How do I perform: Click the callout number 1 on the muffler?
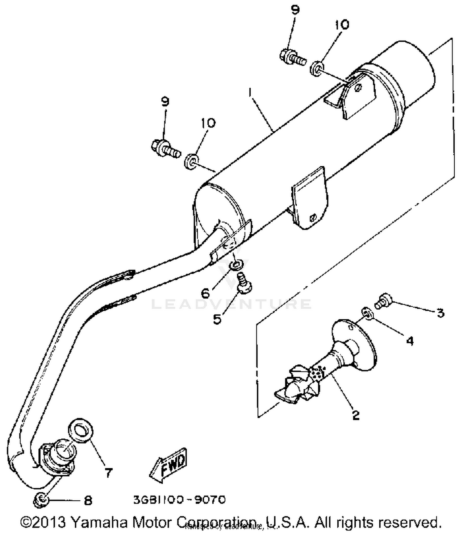tap(251, 92)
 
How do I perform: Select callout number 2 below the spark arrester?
tap(356, 415)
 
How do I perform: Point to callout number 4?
tap(410, 341)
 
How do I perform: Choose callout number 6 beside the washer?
tap(206, 293)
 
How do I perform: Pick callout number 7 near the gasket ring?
tap(108, 473)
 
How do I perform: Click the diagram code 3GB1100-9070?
tap(179, 499)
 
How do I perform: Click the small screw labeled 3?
tap(384, 301)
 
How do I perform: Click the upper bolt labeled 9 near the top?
tap(292, 57)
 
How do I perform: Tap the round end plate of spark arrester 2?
tap(355, 342)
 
